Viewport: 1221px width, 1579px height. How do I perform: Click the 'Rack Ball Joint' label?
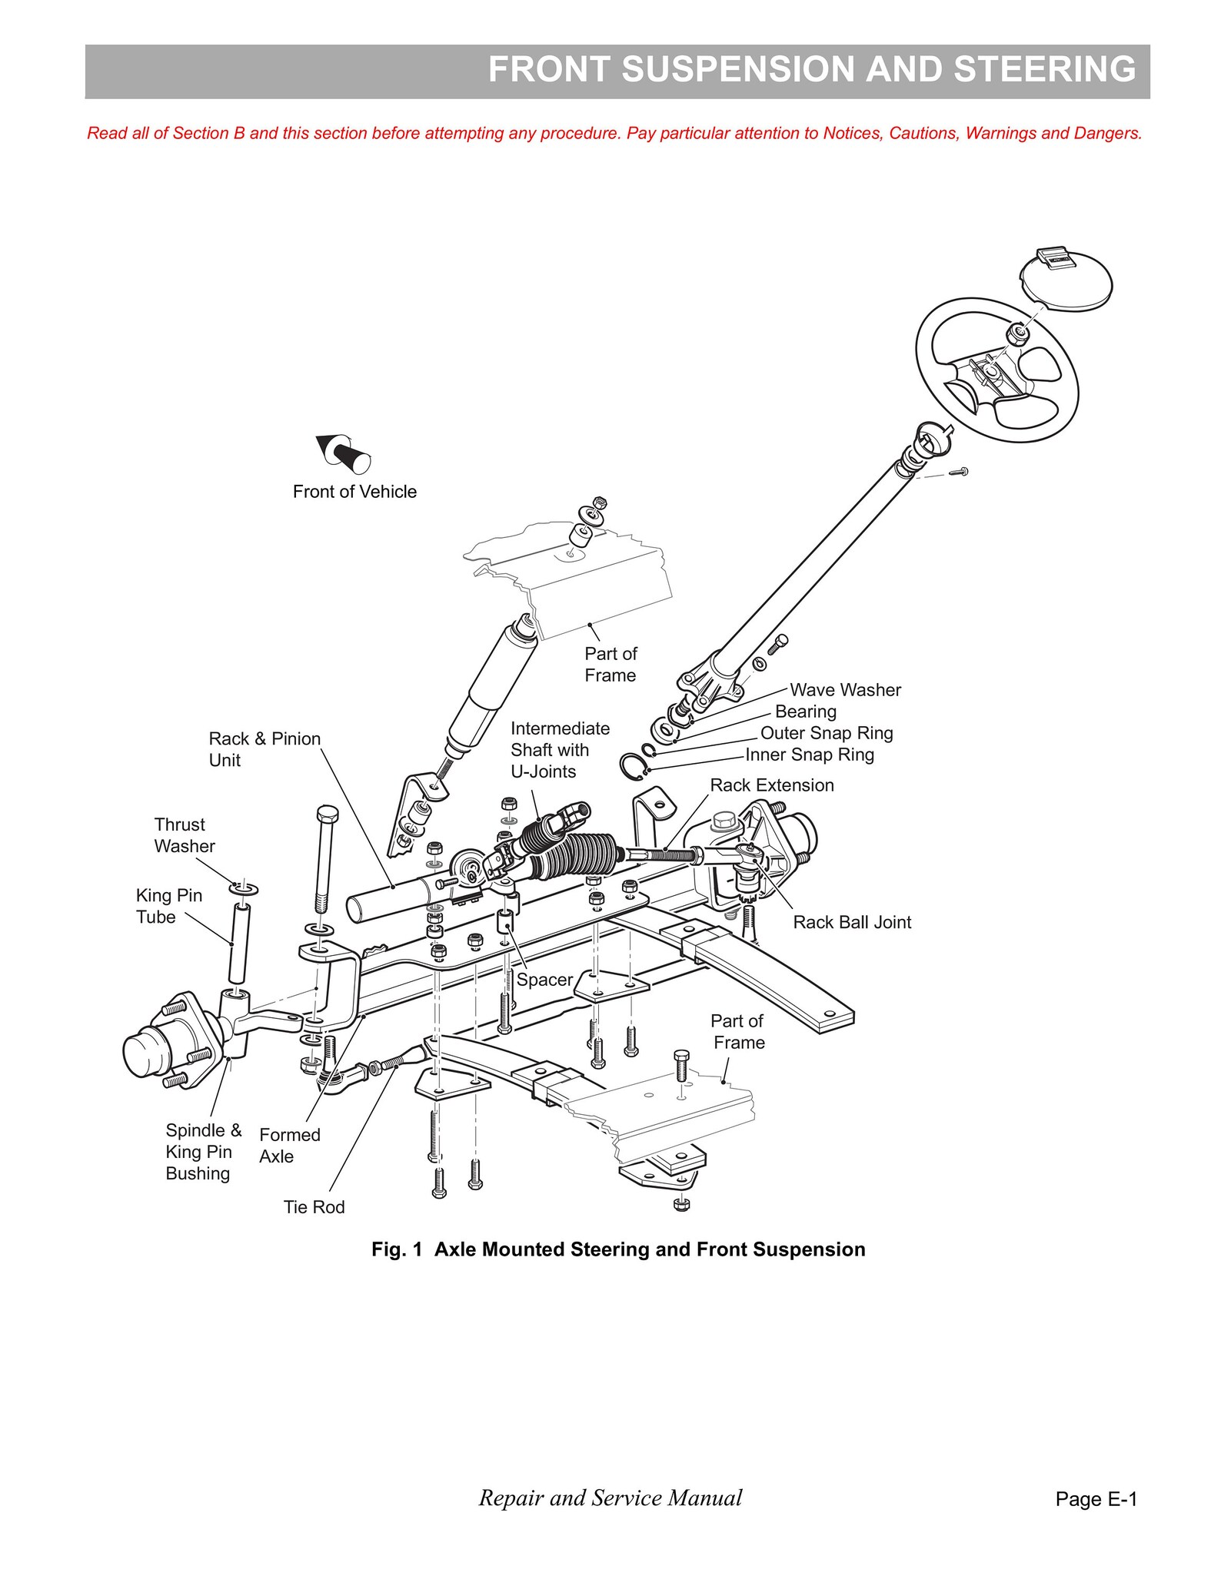[x=852, y=922]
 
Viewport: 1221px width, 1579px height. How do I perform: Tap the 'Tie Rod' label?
[x=314, y=1207]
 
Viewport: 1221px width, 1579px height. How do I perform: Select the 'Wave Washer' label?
[x=845, y=690]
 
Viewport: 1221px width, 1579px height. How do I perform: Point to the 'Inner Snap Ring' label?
[x=810, y=755]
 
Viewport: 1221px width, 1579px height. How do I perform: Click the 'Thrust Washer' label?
[x=185, y=835]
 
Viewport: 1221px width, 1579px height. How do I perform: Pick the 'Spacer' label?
[x=544, y=980]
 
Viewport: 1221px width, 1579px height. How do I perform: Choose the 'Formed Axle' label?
[x=290, y=1146]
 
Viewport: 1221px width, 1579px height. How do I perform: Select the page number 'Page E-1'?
[x=1096, y=1498]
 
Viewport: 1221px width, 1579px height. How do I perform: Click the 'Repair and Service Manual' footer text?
[x=610, y=1497]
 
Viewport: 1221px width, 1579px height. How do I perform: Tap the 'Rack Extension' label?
[x=772, y=785]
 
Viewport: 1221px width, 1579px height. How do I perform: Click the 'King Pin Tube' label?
[x=169, y=906]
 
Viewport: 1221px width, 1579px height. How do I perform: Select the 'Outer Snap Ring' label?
[x=827, y=733]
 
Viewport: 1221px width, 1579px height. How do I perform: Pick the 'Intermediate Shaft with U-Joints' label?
[x=560, y=750]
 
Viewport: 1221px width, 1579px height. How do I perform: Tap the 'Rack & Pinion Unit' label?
[x=264, y=749]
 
